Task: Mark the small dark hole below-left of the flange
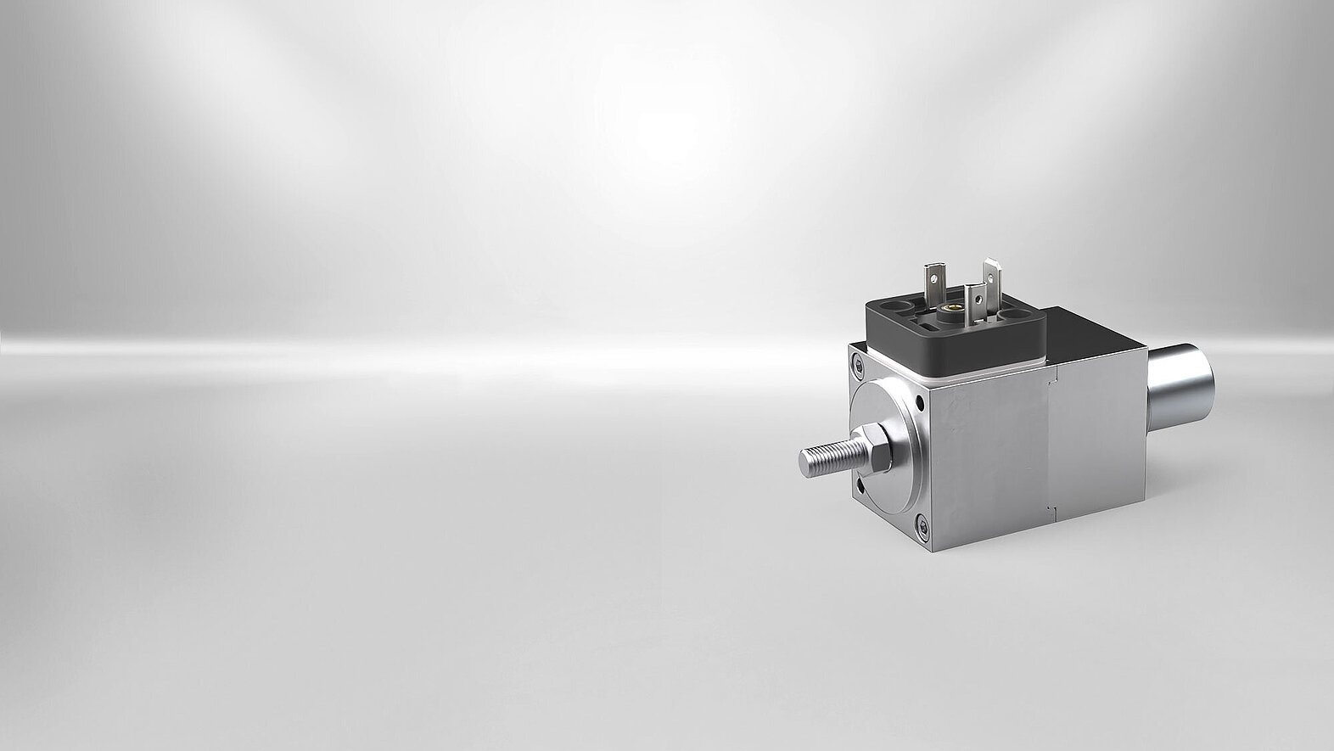[x=860, y=485]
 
